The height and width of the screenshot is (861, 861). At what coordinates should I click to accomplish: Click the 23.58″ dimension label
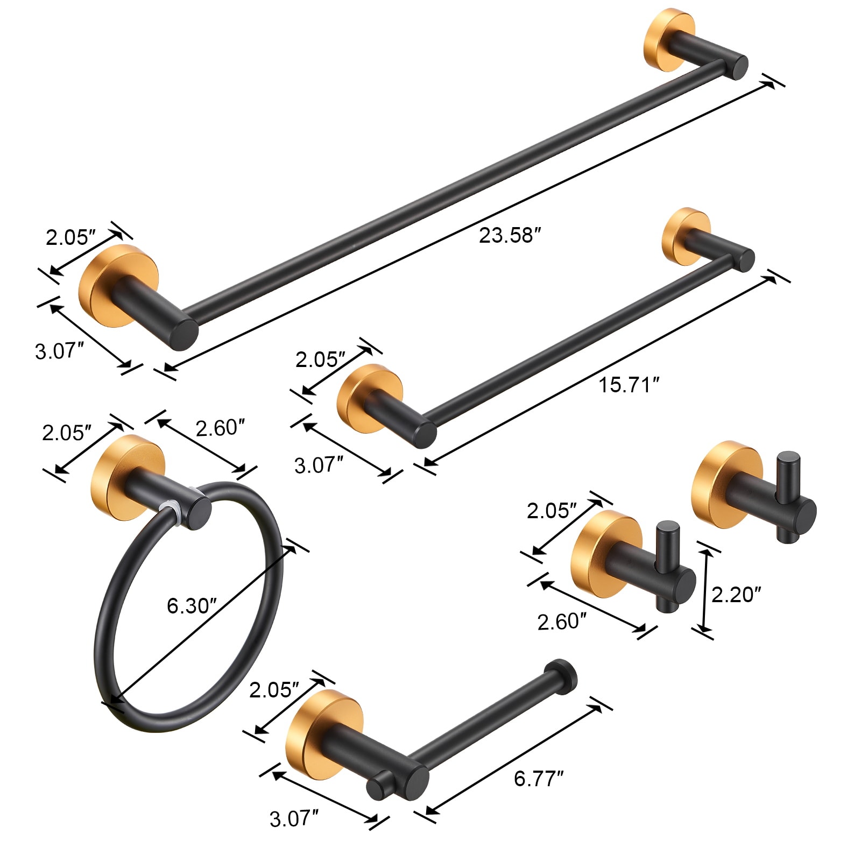point(509,236)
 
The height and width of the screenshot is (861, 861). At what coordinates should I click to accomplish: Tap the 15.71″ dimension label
point(629,385)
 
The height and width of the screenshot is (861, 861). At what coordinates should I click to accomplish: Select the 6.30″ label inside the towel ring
point(191,606)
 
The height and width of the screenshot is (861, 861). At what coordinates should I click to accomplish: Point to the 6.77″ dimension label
point(539,779)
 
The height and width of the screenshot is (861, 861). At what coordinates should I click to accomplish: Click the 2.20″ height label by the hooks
point(736,595)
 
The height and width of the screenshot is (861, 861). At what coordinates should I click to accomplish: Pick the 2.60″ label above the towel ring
point(220,428)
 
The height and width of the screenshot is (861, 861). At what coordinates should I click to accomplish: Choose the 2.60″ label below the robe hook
point(561,622)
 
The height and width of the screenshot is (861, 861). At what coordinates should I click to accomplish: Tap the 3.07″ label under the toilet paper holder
point(294,819)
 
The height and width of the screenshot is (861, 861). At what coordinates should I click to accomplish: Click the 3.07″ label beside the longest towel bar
point(59,351)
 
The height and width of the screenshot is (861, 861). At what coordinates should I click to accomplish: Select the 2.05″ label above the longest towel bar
point(70,237)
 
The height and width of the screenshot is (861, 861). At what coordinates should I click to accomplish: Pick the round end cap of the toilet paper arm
point(561,675)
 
